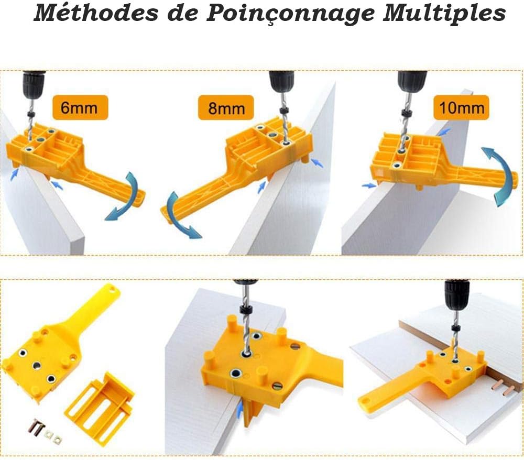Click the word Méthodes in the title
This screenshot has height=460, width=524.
(96, 14)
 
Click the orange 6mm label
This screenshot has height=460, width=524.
(80, 107)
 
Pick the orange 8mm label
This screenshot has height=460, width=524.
(226, 107)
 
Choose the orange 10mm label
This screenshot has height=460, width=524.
(461, 107)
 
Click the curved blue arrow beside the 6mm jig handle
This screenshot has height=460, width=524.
(125, 197)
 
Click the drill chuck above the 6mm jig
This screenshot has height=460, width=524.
(33, 83)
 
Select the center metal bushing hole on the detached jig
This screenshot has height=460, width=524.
(37, 366)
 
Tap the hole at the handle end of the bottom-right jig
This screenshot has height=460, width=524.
(365, 400)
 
